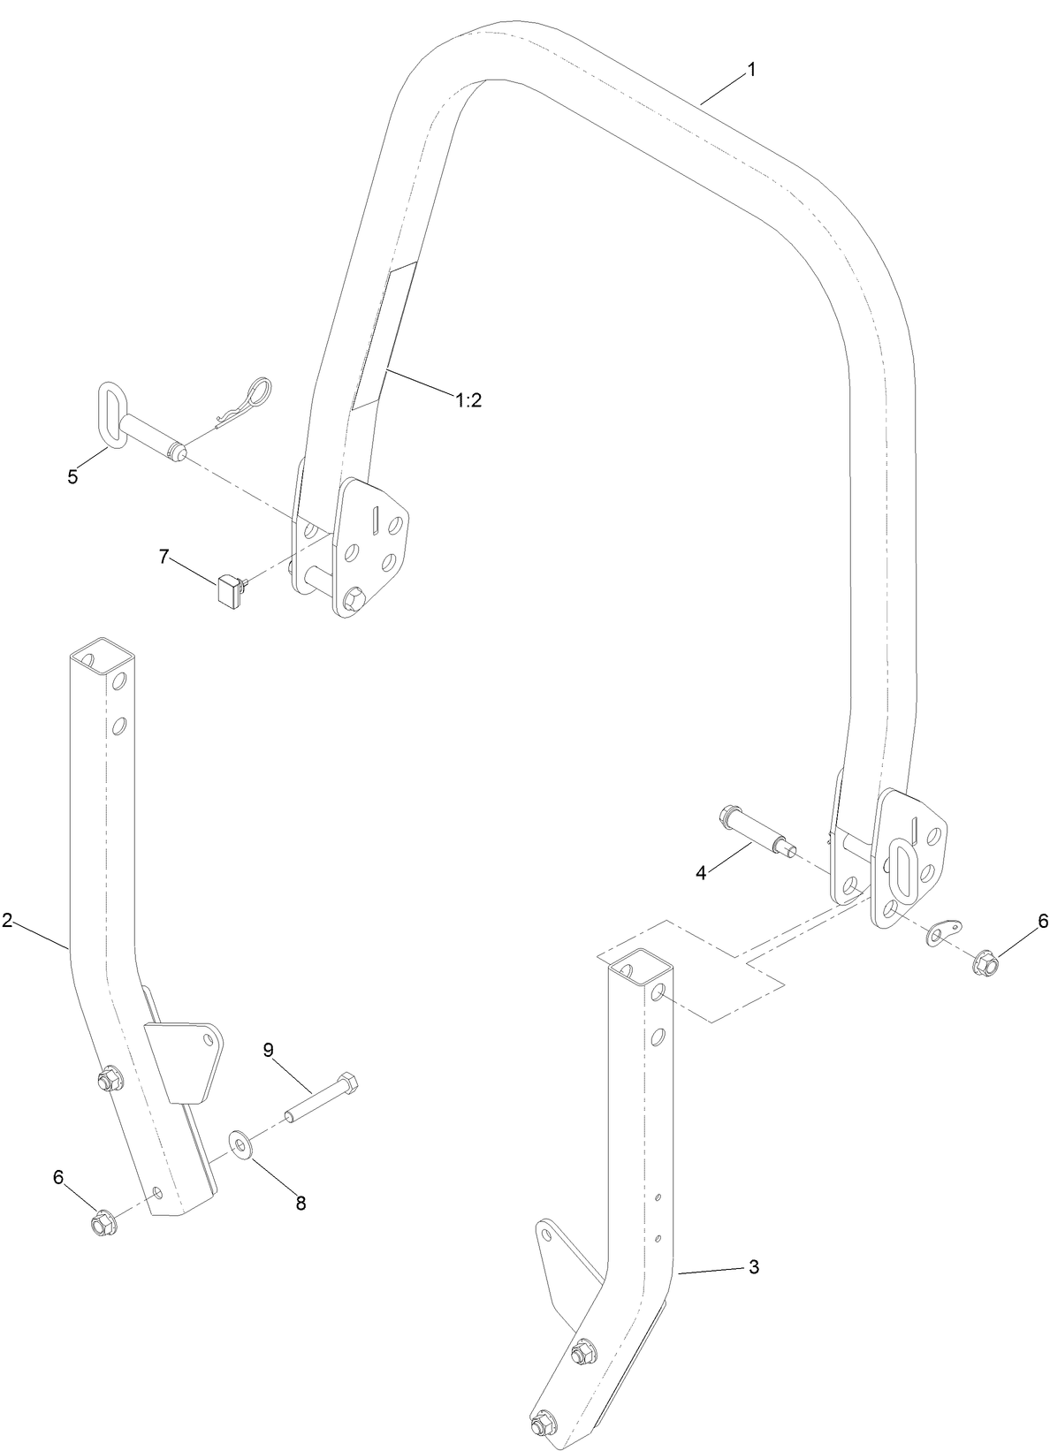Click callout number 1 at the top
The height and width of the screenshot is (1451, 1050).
tap(752, 70)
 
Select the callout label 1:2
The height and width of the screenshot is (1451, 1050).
tap(468, 400)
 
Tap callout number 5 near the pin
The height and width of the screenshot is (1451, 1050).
tap(72, 476)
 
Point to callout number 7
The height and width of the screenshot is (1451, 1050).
tap(163, 557)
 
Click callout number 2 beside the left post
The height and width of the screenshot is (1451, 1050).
tap(7, 920)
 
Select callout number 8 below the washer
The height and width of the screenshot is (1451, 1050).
tap(301, 1203)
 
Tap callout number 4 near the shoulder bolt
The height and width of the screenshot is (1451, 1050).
tap(701, 872)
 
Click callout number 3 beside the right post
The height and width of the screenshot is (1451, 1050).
tap(753, 1266)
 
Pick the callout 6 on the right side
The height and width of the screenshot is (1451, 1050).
tap(1042, 921)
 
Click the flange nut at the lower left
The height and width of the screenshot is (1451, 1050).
tap(100, 1223)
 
